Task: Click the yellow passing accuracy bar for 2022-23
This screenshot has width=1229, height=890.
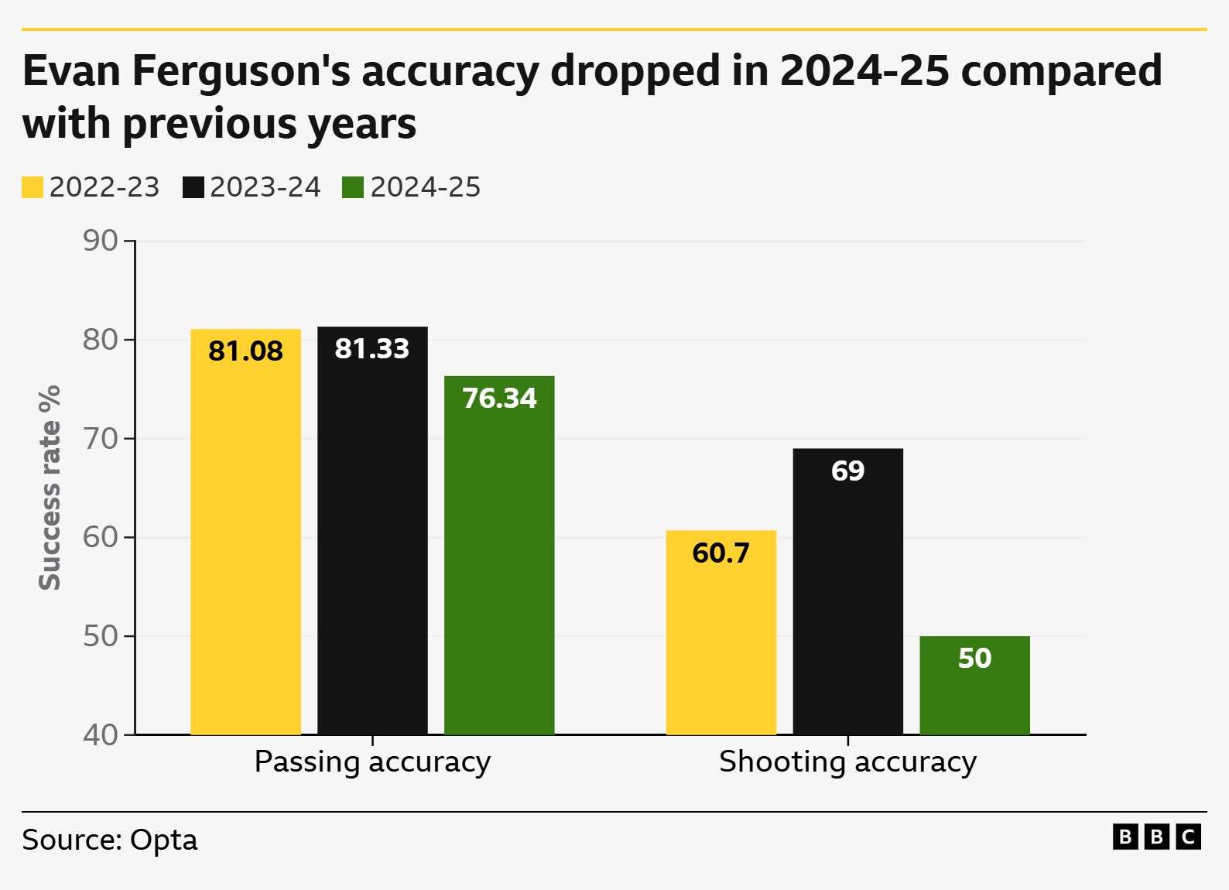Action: [245, 542]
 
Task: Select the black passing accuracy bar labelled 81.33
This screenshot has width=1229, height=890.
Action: [372, 542]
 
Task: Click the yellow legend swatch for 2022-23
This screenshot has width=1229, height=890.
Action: [33, 187]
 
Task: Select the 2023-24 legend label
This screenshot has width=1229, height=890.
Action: [265, 187]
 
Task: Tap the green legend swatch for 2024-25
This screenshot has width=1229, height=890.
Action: [353, 187]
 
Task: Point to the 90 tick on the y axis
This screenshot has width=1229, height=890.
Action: [101, 241]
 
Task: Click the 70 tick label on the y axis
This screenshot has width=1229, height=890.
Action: [101, 439]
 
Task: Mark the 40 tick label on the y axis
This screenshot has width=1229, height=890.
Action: [101, 735]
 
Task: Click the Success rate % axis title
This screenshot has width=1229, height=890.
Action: [50, 488]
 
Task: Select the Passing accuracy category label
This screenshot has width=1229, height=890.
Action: [372, 762]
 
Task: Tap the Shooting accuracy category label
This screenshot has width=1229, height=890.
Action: [847, 762]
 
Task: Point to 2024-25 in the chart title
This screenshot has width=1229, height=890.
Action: [864, 70]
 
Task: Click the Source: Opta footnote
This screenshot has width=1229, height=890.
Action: [110, 840]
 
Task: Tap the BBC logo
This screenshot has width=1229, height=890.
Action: [1156, 837]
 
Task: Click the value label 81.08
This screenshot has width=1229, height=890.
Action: [245, 351]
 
